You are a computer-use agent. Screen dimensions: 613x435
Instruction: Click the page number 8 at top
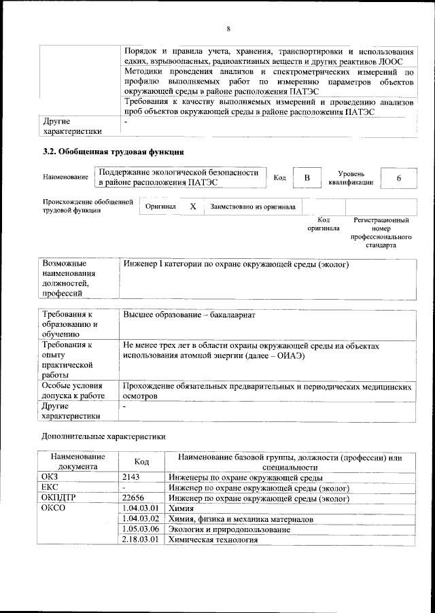[x=228, y=28]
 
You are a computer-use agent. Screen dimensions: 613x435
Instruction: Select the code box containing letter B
[x=307, y=177]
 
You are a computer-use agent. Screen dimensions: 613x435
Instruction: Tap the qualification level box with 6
[x=398, y=177]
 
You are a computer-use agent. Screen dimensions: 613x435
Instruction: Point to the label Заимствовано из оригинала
[x=252, y=206]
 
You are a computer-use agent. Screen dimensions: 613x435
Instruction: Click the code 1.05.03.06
[x=140, y=529]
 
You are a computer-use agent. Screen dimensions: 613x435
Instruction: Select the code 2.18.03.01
[x=140, y=540]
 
